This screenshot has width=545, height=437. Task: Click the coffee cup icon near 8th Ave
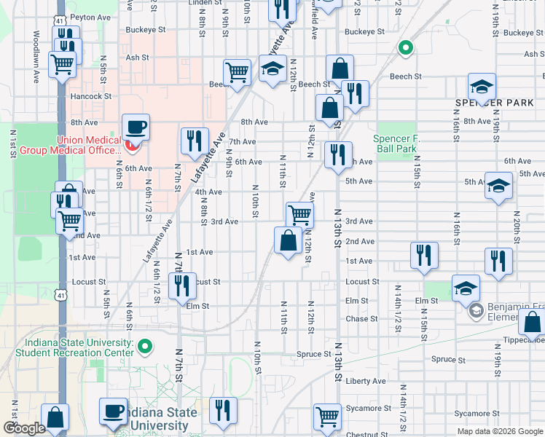[x=136, y=128]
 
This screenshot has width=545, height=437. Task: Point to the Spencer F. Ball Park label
[x=396, y=143]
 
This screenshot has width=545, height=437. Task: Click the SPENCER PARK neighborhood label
[x=495, y=103]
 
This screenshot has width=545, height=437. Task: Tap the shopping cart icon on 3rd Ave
[x=299, y=215]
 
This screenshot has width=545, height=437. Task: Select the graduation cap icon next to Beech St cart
[x=273, y=69]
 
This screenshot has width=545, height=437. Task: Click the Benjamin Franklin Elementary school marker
[x=476, y=312]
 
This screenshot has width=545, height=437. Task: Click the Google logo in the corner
[x=24, y=428]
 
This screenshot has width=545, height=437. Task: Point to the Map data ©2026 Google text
[x=500, y=431]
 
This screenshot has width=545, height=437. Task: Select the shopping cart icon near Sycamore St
[x=327, y=417]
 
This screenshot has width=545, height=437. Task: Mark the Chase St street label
[x=361, y=319]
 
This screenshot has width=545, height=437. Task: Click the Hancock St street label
[x=91, y=96]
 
